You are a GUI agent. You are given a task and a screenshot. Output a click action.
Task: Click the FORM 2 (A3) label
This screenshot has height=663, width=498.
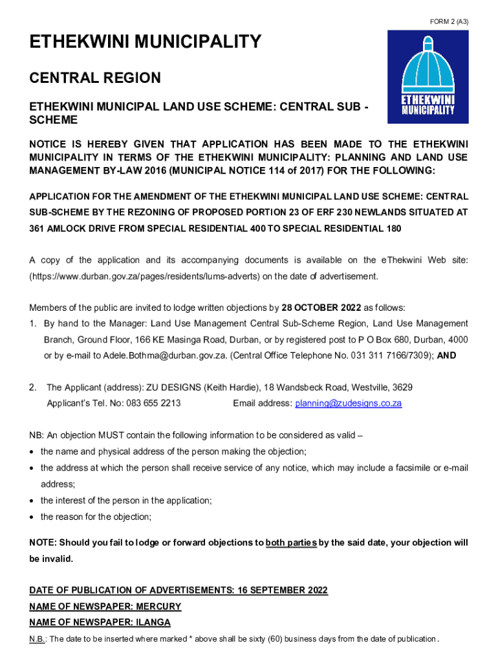pos(449,22)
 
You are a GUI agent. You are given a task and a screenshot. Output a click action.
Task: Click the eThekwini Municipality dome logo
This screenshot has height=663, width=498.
pos(428,76)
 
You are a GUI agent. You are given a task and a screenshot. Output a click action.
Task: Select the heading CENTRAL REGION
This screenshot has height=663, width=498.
pos(94,78)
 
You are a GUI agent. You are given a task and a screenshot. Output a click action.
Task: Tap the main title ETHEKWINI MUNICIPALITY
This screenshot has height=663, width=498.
pos(145,43)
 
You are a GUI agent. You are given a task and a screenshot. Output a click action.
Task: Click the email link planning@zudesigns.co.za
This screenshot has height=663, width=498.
pos(349,403)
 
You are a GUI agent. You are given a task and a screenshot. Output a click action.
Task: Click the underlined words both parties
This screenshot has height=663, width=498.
pos(291,543)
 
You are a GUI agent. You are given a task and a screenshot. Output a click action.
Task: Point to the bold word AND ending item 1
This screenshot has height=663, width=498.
pos(447,355)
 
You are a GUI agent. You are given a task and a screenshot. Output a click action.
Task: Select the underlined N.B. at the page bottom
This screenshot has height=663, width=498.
pos(37,639)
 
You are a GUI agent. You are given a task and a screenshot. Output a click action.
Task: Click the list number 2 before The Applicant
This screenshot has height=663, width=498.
pos(32,387)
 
